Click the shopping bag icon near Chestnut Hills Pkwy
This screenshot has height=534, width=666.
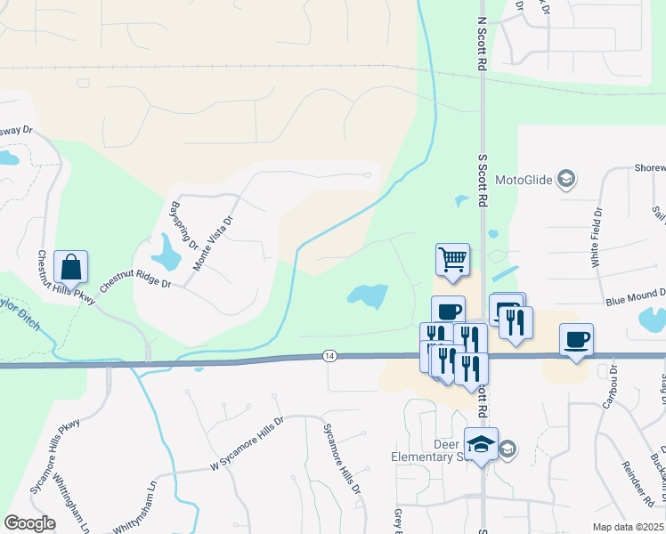[71, 267]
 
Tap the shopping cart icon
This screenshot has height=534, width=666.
[452, 260]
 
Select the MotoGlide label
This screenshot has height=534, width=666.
[525, 181]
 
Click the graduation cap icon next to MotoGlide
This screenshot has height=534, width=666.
[564, 181]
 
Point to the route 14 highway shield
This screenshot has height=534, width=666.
[330, 356]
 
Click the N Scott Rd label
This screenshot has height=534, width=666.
[482, 43]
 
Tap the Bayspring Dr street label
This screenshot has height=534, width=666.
[181, 226]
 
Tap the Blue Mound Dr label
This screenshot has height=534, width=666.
[636, 297]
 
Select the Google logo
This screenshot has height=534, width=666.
[30, 523]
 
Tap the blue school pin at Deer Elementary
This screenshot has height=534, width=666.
[482, 444]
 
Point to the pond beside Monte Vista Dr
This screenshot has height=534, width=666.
[166, 253]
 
